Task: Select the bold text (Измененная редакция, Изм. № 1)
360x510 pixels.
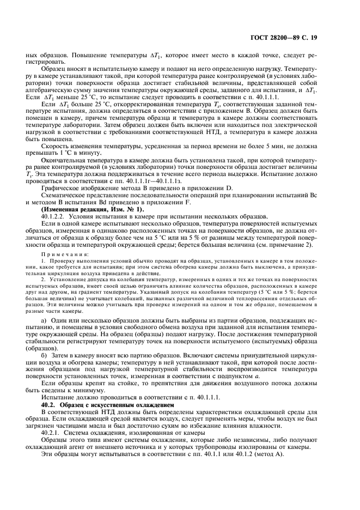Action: point(83,209)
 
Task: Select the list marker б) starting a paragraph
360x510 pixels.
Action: point(44,355)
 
